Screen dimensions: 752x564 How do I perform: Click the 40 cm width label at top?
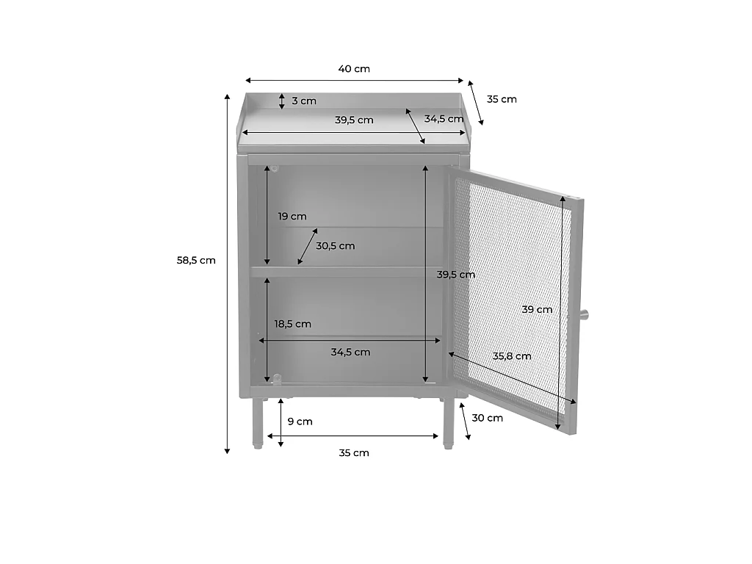(354, 68)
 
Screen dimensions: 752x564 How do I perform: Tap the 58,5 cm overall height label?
(196, 261)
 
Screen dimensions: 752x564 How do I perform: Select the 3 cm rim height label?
(304, 101)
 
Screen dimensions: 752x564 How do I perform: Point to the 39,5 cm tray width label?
(354, 120)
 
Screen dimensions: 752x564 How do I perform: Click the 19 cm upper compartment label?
(292, 217)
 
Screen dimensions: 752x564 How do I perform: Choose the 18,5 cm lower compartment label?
(292, 324)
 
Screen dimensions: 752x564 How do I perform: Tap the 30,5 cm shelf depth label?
(335, 246)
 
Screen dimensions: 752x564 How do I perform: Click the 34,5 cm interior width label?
(350, 352)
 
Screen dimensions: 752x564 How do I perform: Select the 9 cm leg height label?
(300, 422)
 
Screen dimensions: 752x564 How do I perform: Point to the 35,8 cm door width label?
(512, 356)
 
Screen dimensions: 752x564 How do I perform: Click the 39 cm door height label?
(537, 310)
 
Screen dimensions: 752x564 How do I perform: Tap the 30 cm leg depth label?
(488, 418)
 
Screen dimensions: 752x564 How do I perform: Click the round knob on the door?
(584, 314)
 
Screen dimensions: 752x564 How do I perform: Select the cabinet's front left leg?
(258, 423)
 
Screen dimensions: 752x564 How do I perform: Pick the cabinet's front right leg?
(449, 423)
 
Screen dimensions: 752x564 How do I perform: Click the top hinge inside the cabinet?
(275, 168)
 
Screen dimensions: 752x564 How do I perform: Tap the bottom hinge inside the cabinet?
(277, 378)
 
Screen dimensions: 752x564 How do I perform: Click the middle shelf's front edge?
(347, 272)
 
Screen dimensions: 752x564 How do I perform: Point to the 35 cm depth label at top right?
(502, 99)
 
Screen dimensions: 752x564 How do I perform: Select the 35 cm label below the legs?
(354, 452)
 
